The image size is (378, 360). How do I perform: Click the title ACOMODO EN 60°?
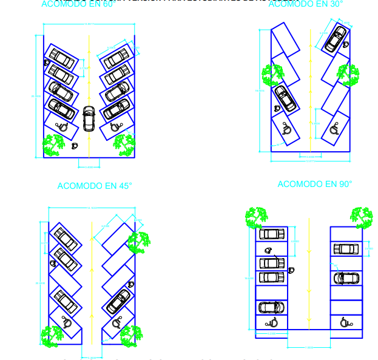click(78, 4)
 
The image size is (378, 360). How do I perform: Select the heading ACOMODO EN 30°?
click(305, 4)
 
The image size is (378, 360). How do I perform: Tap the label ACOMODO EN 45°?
click(95, 186)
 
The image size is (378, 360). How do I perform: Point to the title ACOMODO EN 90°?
click(315, 184)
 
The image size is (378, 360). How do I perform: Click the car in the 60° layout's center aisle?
click(89, 118)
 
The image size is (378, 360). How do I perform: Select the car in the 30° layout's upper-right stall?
click(336, 38)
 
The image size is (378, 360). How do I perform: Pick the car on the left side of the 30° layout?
click(285, 98)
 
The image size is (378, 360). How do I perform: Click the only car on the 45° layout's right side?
click(118, 301)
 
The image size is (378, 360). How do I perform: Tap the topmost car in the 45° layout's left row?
click(65, 239)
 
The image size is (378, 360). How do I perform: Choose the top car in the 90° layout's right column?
click(346, 249)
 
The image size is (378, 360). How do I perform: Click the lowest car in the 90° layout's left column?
click(271, 307)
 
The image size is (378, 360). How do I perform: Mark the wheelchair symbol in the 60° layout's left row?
click(62, 126)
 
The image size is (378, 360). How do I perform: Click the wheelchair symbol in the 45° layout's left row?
click(67, 322)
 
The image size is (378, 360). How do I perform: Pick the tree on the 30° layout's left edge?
click(272, 75)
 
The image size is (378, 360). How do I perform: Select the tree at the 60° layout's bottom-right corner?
click(125, 144)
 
